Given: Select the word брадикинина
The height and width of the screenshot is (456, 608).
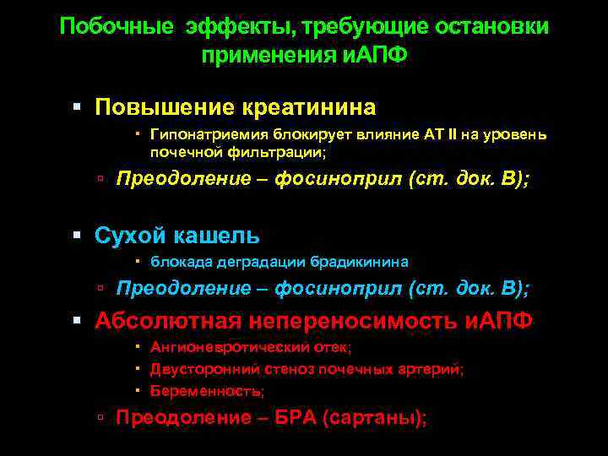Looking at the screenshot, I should coord(359,261).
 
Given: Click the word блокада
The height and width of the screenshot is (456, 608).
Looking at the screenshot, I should coord(176,261).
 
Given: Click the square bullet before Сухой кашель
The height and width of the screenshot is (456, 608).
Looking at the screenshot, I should coord(77,236).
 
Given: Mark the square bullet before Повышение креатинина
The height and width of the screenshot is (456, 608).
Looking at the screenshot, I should coord(77,109).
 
